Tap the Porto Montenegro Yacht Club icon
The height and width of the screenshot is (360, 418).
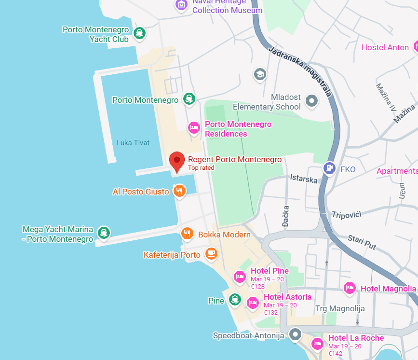139,33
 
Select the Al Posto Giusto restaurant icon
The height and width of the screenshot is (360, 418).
179,191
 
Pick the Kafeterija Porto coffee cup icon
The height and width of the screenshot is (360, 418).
211,253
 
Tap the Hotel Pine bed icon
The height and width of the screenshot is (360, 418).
240,277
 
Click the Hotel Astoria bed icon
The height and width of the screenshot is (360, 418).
253,303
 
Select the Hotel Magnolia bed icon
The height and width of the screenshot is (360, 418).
350,288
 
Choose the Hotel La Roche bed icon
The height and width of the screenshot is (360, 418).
317,344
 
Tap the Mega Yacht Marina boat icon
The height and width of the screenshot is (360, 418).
104,233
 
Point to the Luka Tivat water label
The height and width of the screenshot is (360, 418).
133,143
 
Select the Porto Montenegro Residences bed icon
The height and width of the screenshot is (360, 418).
194,127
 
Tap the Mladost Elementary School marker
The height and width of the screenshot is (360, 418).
312,101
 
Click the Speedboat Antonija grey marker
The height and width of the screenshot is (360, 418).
295,334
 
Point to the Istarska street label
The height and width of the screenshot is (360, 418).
304,179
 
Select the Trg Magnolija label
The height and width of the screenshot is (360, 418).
339,308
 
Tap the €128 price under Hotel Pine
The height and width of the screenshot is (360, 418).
257,286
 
